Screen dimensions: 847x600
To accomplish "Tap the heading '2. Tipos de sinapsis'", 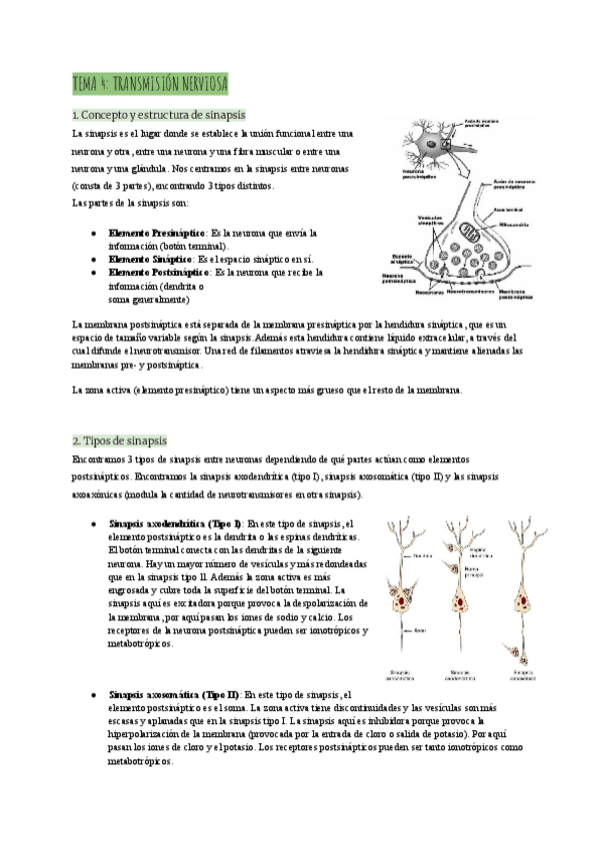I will point(119,440).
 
